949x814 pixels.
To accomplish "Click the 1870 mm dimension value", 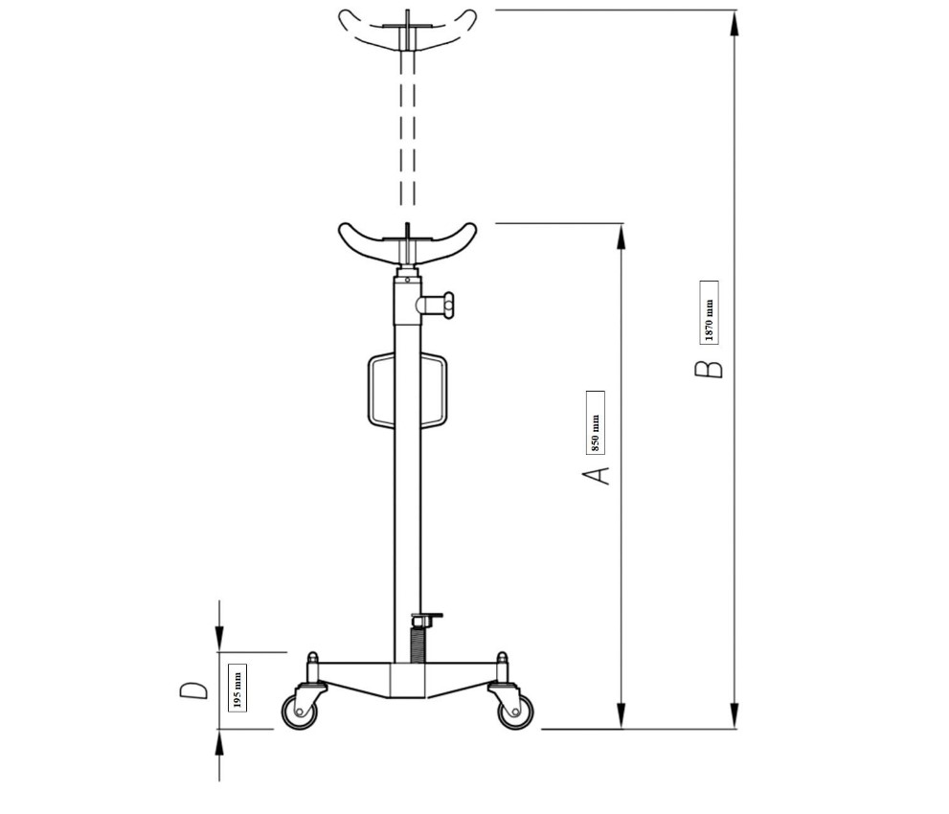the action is (710, 312).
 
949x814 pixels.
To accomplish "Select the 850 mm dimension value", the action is (596, 422).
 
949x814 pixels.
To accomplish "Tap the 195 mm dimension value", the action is (237, 688).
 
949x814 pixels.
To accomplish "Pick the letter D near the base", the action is (193, 690).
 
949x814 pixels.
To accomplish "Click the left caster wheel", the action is (300, 712).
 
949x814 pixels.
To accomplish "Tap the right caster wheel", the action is (515, 712).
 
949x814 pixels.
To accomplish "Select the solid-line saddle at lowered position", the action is (407, 242).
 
